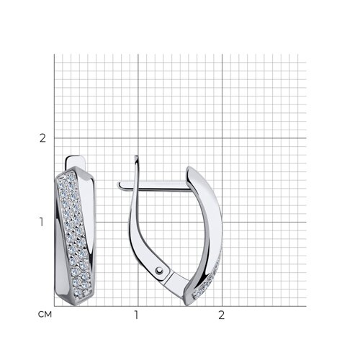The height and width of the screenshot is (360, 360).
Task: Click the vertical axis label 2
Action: [42, 138]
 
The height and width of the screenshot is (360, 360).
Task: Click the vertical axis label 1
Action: [42, 222]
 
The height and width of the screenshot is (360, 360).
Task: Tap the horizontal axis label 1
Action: [136, 315]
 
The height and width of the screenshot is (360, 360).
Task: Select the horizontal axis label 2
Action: [221, 315]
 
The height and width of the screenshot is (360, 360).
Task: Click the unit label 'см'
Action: [45, 315]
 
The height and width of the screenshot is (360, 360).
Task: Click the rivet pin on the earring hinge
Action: [159, 271]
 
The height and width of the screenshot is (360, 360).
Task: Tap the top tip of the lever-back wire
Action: [136, 156]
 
